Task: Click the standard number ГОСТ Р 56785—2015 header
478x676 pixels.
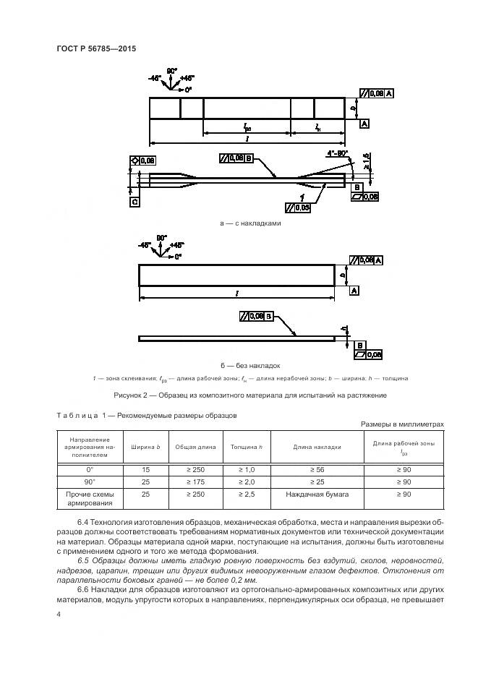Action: pyautogui.click(x=95, y=48)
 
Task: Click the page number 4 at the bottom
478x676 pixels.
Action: pyautogui.click(x=58, y=614)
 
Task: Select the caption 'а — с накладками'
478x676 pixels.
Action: pyautogui.click(x=249, y=223)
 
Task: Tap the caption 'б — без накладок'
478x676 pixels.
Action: pyautogui.click(x=249, y=365)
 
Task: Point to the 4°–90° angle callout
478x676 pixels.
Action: pyautogui.click(x=337, y=153)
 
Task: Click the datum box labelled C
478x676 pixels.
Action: pyautogui.click(x=135, y=202)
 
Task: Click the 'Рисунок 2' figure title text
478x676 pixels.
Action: pyautogui.click(x=249, y=395)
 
